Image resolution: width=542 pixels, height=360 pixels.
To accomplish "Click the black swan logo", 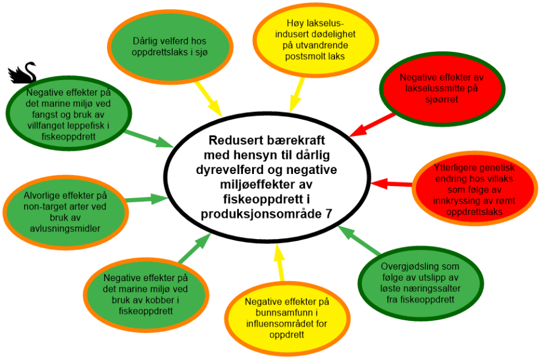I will pos(22,72).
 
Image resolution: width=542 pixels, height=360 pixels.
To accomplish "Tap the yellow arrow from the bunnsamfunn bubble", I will pos(279,262).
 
